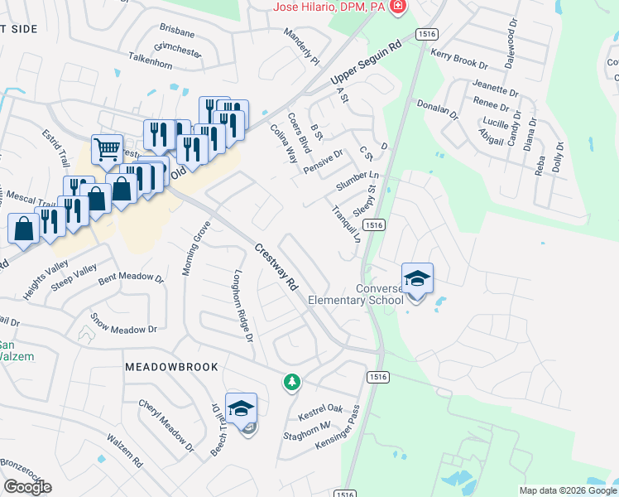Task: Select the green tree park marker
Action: pos(291,382)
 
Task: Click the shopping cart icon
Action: pos(107,150)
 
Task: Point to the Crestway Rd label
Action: pos(276,265)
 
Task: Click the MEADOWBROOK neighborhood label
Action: pos(171,366)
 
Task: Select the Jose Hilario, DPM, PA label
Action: pos(331,7)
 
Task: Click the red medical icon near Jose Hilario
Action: pos(399,7)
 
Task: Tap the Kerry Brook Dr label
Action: pos(460,57)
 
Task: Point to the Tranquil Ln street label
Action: pos(347,224)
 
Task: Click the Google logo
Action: pos(28,486)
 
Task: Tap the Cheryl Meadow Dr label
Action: pos(166,424)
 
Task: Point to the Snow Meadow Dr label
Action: pos(123,324)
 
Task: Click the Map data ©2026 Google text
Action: pos(568,490)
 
